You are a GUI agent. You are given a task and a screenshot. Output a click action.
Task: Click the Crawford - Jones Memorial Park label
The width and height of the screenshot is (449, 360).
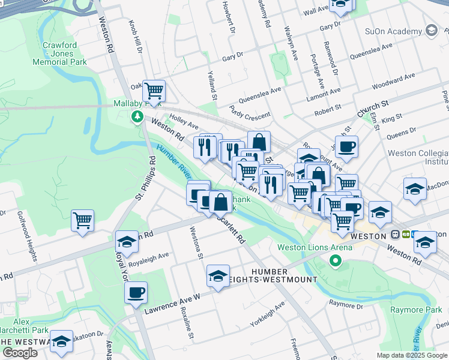click(64, 53)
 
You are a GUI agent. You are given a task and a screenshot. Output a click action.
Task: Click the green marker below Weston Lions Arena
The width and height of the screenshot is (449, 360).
click(336, 261)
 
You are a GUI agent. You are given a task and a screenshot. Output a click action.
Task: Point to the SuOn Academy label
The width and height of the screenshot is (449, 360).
click(393, 31)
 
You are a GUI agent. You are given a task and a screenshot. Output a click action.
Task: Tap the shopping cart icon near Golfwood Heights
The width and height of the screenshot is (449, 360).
click(82, 220)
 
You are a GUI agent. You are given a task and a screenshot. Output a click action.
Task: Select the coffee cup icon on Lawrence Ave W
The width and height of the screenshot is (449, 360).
click(136, 292)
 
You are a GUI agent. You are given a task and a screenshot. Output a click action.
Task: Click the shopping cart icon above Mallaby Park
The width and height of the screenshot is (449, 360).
click(154, 91)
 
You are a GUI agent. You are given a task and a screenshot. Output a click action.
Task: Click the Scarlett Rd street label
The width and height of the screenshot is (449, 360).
click(234, 230)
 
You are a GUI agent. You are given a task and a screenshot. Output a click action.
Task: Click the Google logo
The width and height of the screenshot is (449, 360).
click(20, 353)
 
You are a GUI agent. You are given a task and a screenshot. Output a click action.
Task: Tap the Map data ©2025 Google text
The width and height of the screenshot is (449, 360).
click(412, 355)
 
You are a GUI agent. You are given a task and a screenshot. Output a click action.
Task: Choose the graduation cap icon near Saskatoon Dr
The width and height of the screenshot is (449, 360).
click(61, 341)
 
